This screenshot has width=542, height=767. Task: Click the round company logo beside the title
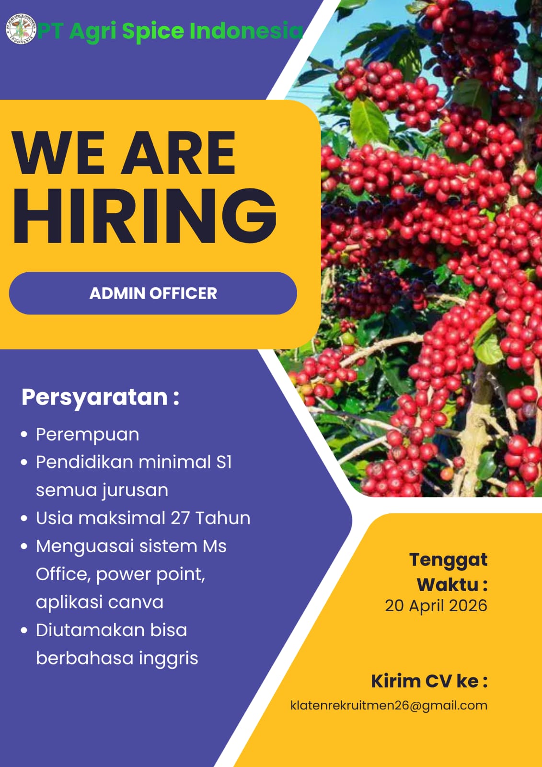(x=21, y=29)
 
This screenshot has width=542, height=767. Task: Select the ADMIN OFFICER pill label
(x=153, y=293)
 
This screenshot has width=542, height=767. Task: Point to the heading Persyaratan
(x=94, y=397)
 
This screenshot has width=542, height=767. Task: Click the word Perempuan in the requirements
(x=87, y=435)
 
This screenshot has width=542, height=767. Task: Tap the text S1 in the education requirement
(x=224, y=462)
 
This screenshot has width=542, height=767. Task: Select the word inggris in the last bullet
(x=168, y=658)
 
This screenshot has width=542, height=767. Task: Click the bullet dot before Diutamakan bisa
(x=24, y=630)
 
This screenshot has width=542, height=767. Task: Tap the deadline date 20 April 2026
(x=436, y=605)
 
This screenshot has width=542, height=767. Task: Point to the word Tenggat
(x=448, y=559)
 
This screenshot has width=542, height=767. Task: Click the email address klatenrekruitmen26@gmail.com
(x=389, y=705)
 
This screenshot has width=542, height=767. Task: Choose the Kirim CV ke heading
(x=429, y=681)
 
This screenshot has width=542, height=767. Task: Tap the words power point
(x=150, y=574)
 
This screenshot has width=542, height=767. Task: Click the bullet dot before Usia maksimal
(x=24, y=519)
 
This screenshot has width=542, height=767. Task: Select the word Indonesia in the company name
(x=246, y=31)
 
